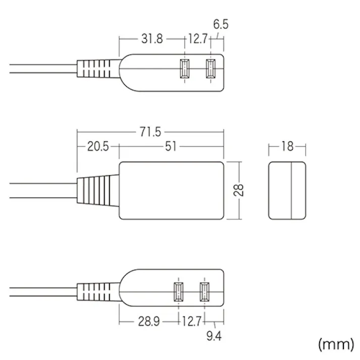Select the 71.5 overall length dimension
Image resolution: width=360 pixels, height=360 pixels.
[x=150, y=132]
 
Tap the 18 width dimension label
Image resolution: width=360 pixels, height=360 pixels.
[x=287, y=147]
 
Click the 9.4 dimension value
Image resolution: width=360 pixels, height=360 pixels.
[x=214, y=336]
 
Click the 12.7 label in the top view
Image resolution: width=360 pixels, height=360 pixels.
[x=197, y=38]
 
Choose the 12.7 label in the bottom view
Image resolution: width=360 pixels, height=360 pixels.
[x=192, y=322]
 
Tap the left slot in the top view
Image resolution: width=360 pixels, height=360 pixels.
[x=184, y=70]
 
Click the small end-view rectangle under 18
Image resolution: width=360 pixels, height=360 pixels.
[x=287, y=190]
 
